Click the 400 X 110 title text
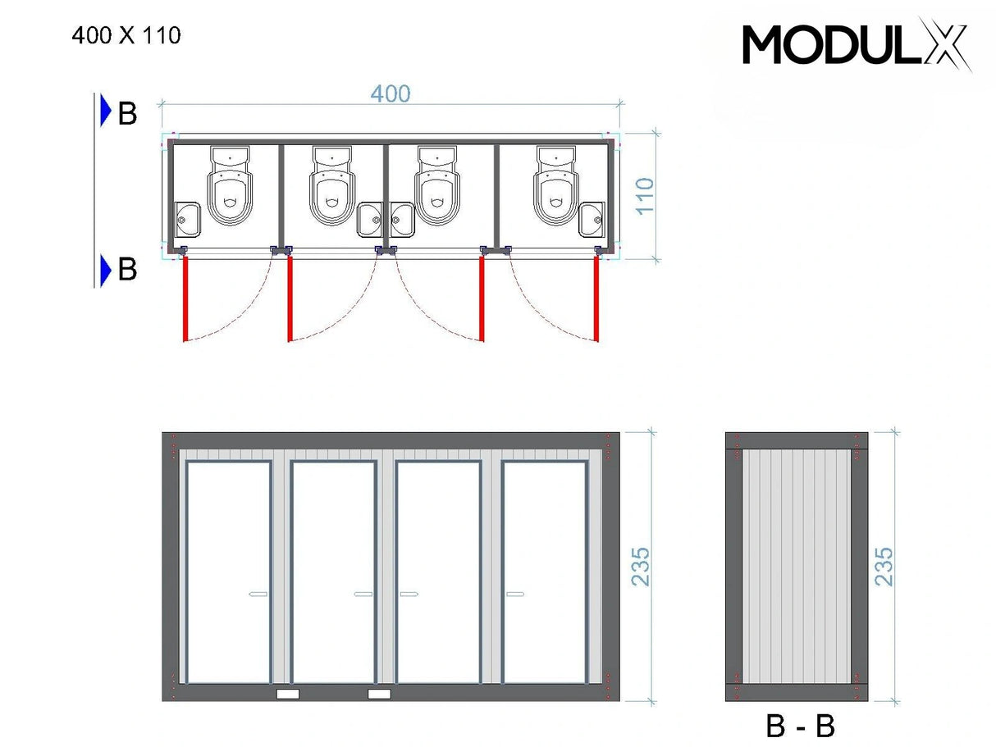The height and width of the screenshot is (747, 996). coord(126,36)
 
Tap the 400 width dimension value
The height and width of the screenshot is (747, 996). coord(390,93)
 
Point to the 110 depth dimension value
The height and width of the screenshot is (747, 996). coord(645,196)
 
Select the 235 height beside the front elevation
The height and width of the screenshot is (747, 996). coord(640,566)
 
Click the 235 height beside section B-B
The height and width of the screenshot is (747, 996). coord(884,566)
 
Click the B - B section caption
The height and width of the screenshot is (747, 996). coord(800,726)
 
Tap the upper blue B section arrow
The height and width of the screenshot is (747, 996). coord(105,112)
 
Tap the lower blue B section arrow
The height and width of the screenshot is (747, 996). coord(105,270)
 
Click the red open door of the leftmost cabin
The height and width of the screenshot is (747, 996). coord(185,298)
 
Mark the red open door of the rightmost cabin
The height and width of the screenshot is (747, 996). coord(596,298)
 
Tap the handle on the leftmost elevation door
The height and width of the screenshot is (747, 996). coord(258,594)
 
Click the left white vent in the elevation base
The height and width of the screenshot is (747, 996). coord(288,694)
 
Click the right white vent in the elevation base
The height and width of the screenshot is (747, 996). coord(379,694)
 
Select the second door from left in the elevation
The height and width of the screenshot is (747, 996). coord(334,572)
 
